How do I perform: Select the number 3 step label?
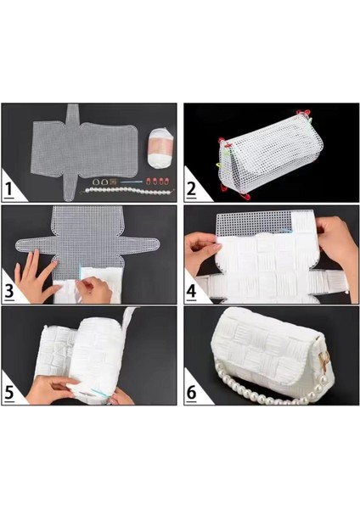pos(12,291)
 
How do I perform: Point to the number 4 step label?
pos(192,291)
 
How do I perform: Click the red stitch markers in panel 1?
pos(157,183)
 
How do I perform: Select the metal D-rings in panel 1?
pos(101,181)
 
